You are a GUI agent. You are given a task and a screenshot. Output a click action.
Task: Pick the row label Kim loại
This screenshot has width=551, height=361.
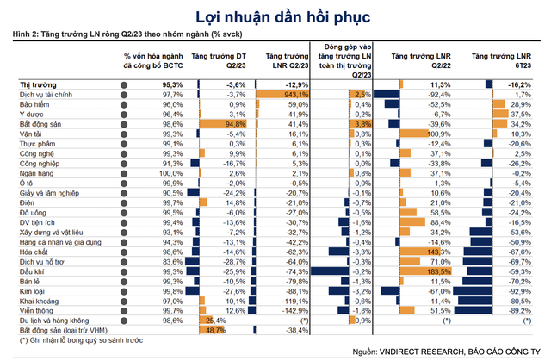32,291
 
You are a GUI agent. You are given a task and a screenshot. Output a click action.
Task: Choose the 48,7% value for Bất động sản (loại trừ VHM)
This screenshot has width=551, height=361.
215,331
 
